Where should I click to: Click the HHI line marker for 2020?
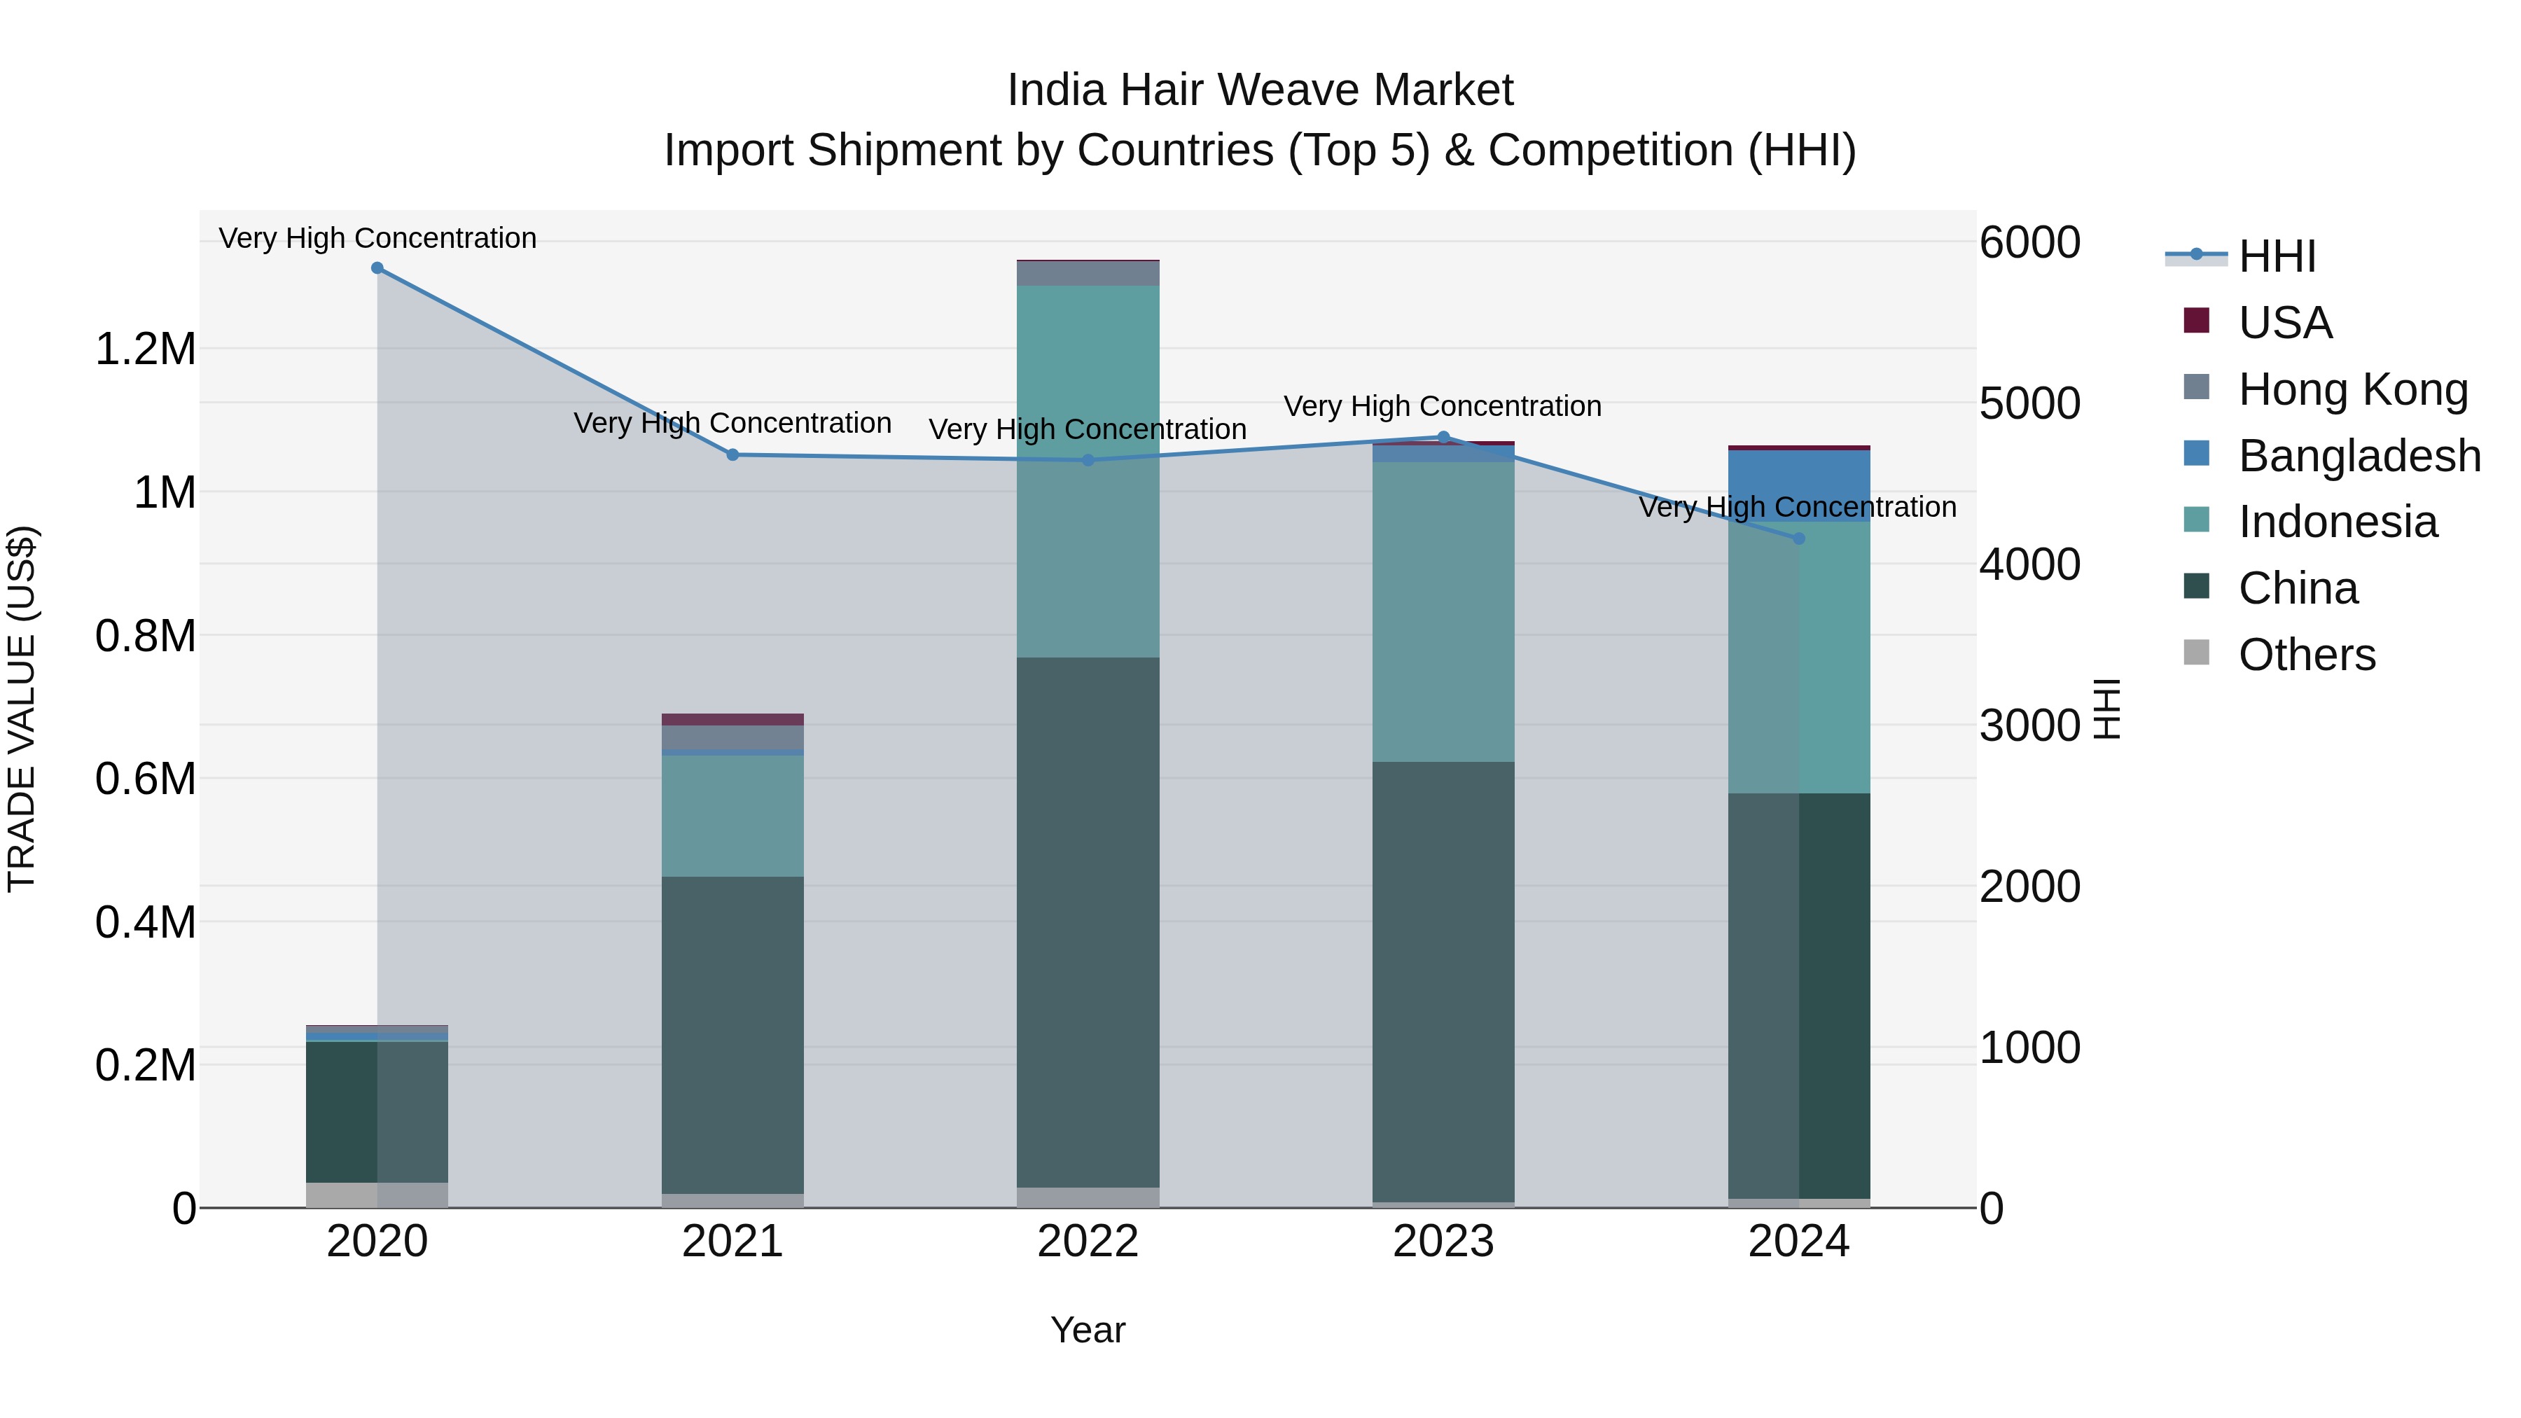(x=377, y=268)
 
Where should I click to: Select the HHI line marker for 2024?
(x=1799, y=539)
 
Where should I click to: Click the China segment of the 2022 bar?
(x=1088, y=920)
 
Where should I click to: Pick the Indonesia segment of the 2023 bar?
(x=1443, y=611)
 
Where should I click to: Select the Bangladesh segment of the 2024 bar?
(x=1799, y=485)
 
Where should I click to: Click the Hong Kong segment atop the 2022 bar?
(x=1088, y=274)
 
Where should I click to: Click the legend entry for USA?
(x=2285, y=323)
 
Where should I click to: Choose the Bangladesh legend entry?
(x=2359, y=456)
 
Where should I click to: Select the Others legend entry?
(x=2306, y=655)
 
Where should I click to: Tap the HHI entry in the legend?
(x=2277, y=256)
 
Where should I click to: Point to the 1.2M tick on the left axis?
(x=145, y=349)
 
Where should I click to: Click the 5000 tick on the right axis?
(x=2029, y=403)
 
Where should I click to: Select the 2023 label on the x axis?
(x=1443, y=1242)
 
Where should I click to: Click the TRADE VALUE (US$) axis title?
(x=22, y=709)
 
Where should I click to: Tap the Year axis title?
(x=1088, y=1330)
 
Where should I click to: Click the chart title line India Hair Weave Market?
(x=1260, y=90)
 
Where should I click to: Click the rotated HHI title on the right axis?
(x=2106, y=709)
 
